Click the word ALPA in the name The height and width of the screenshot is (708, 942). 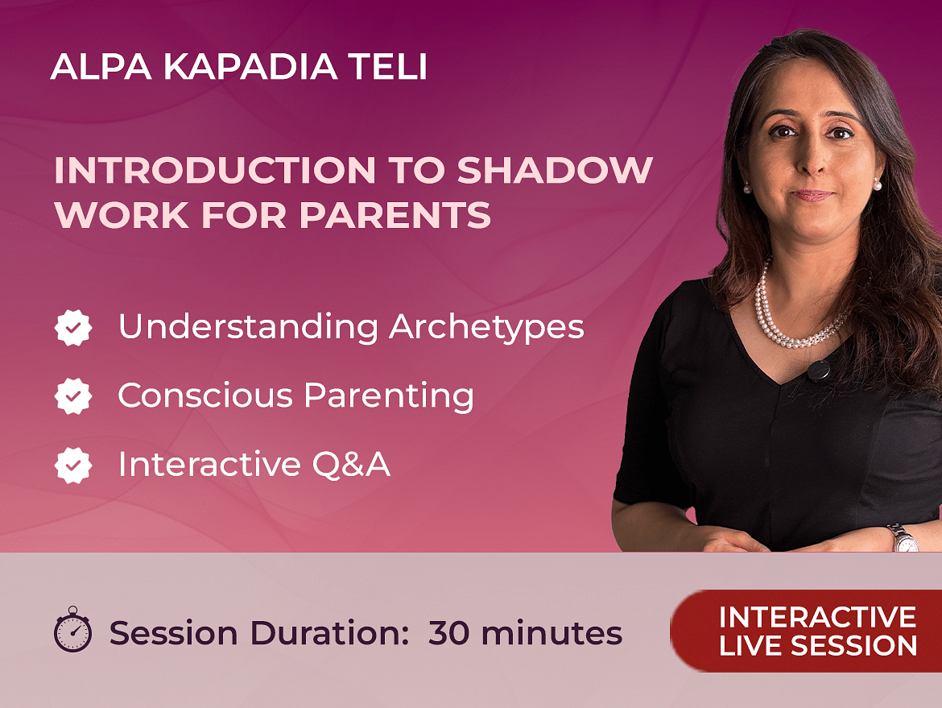(x=101, y=67)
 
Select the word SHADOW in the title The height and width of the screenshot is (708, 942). (x=555, y=170)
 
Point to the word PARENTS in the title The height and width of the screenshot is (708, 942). (x=395, y=214)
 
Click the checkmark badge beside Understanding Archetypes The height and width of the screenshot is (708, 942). (x=73, y=328)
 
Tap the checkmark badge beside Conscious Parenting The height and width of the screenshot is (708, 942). (x=73, y=396)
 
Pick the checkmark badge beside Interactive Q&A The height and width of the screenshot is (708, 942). (x=73, y=466)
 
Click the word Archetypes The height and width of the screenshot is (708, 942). (x=486, y=328)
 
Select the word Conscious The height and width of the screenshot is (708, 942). (x=205, y=395)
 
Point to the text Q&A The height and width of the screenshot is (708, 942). (x=351, y=465)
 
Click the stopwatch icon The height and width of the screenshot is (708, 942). (x=72, y=629)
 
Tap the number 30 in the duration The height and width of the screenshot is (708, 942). (x=451, y=633)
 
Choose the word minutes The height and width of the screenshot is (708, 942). (x=552, y=633)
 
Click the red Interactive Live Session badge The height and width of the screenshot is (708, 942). (x=806, y=631)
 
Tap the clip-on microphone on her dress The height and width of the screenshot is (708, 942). (x=818, y=371)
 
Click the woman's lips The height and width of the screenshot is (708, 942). (x=812, y=195)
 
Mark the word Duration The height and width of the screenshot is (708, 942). (x=329, y=633)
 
